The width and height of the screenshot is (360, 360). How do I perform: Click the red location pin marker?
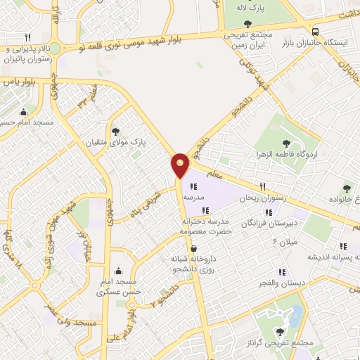click(180, 166)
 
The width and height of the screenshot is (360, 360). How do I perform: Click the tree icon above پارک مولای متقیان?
click(115, 131)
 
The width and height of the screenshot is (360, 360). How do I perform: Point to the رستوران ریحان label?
click(263, 199)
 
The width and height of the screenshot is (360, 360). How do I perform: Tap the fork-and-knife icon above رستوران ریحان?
click(262, 187)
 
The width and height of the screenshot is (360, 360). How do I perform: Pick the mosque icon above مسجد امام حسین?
click(25, 111)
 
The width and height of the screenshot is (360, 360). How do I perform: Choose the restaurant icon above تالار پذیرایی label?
click(27, 37)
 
